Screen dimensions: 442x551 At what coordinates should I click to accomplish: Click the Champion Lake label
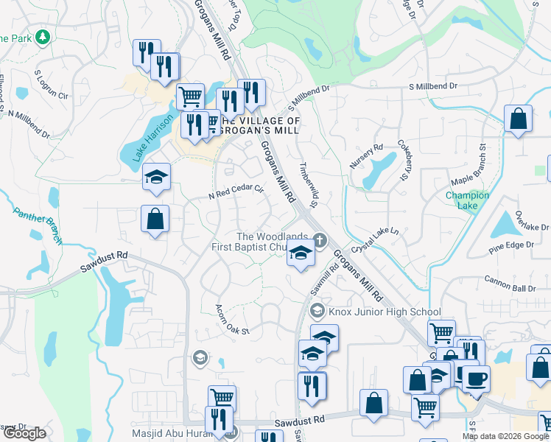[x=467, y=200]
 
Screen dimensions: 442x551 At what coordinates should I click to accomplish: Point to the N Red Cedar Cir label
[x=236, y=192]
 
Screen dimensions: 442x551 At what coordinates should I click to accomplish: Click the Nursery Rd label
[x=366, y=156]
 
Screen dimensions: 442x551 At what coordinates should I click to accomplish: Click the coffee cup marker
[x=476, y=379]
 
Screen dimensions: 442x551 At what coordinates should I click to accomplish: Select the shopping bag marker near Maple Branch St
[x=519, y=118]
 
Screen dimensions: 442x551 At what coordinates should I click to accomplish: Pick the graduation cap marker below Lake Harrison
[x=156, y=177]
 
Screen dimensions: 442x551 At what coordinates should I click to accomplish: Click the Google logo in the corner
[x=24, y=433]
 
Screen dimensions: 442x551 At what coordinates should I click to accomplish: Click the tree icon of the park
[x=43, y=37]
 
